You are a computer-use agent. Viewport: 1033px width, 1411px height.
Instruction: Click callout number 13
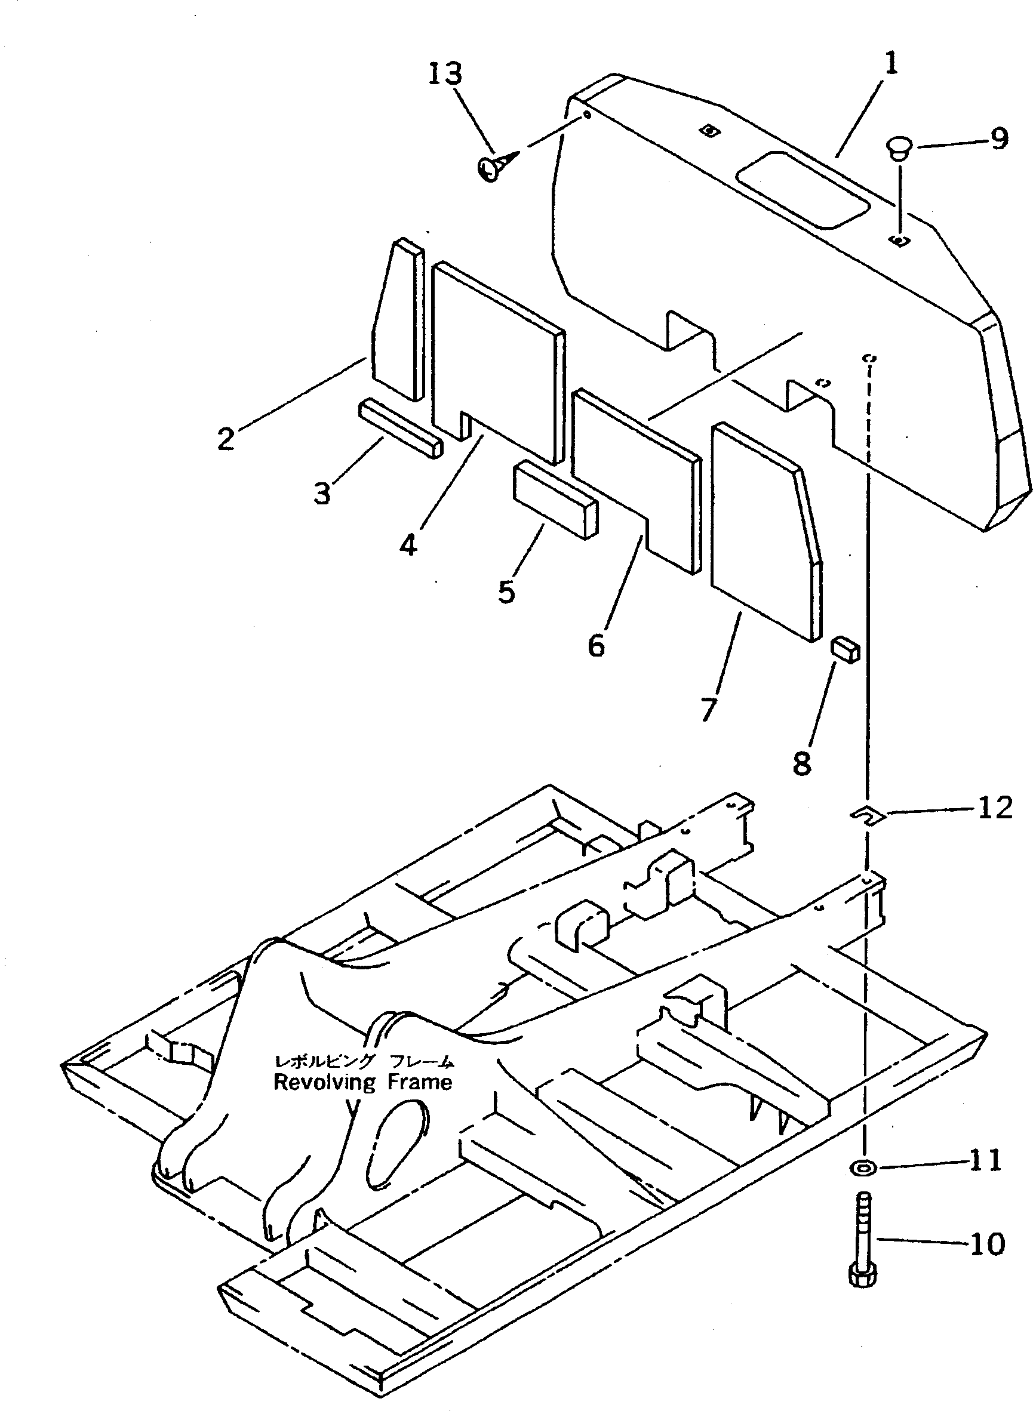click(445, 74)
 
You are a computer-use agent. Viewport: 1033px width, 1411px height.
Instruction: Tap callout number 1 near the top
click(891, 64)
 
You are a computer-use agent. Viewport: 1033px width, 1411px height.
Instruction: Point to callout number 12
click(995, 809)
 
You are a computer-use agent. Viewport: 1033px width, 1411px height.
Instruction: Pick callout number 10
click(988, 1243)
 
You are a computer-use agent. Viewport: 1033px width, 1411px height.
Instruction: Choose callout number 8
click(803, 763)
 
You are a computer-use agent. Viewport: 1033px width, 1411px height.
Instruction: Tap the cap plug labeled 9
click(899, 149)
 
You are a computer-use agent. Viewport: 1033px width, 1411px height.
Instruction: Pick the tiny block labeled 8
click(846, 650)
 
